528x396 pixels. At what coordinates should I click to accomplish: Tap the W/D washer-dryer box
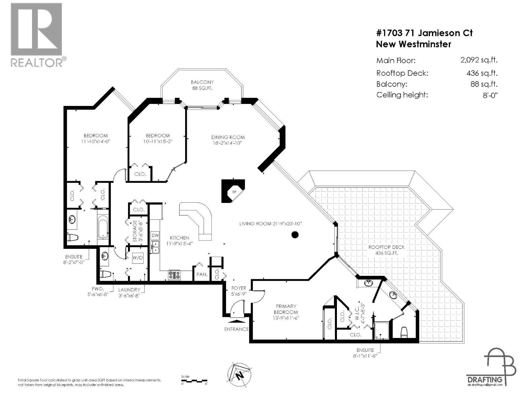click(x=138, y=257)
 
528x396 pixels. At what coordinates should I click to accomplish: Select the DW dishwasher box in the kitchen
click(x=155, y=236)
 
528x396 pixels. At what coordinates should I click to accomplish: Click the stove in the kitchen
click(x=175, y=275)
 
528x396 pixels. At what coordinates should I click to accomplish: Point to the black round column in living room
click(x=295, y=235)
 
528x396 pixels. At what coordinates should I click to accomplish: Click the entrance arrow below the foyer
click(x=237, y=320)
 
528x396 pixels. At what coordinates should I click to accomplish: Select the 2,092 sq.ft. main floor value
click(x=478, y=60)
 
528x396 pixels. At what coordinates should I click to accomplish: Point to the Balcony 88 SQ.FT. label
click(x=202, y=85)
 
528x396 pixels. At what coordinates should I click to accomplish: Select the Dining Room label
click(x=228, y=140)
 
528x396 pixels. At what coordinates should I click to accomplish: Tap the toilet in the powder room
click(x=106, y=274)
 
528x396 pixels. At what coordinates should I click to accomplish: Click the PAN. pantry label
click(x=202, y=274)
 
